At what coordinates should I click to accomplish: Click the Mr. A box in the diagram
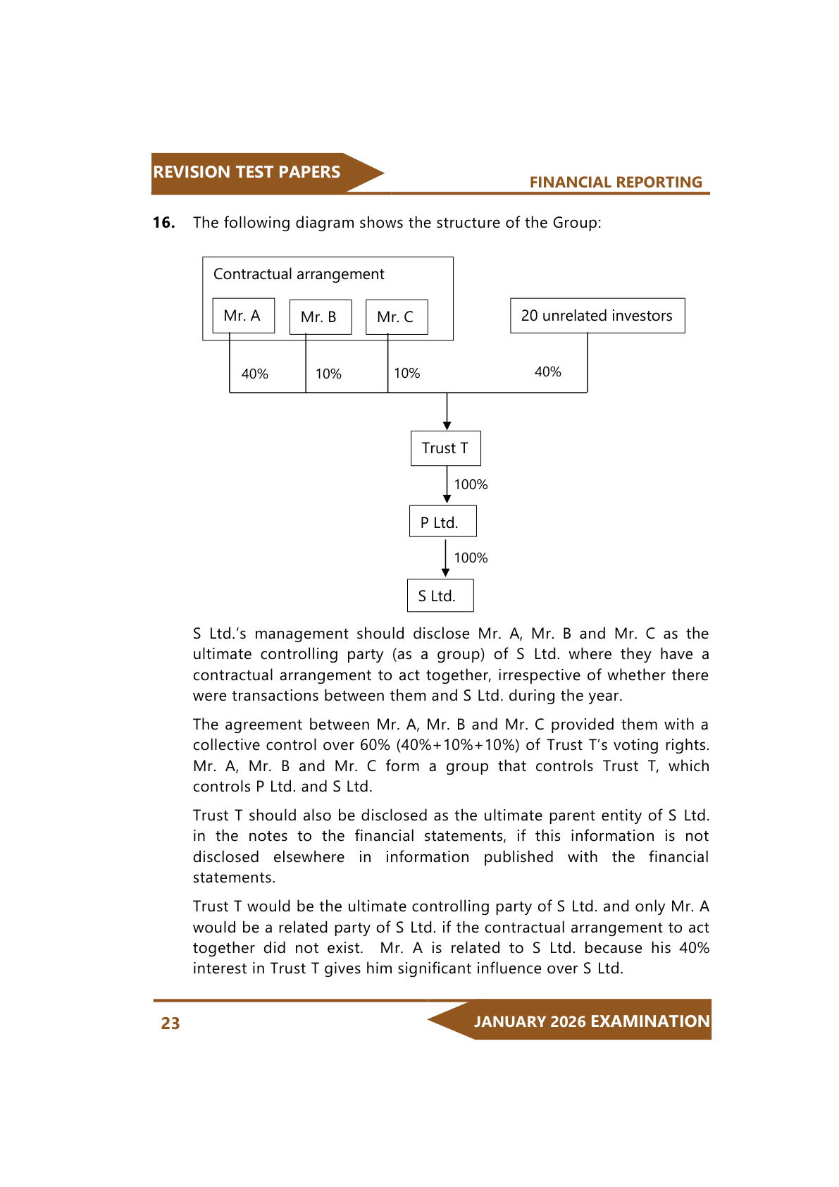coord(243,316)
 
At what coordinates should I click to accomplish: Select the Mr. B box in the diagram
coord(320,317)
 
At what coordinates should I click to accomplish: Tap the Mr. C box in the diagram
coord(396,317)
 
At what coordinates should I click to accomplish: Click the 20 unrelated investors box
coord(597,316)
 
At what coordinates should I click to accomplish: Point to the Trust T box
coord(445,448)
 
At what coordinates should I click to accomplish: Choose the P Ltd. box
coord(442,522)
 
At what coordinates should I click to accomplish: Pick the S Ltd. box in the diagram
coord(440,596)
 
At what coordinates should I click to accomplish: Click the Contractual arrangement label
coord(299,274)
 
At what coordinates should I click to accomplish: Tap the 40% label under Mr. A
coord(254,374)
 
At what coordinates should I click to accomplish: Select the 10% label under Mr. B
coord(328,374)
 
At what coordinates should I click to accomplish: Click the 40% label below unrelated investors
coord(547,371)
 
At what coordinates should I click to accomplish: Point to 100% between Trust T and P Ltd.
coord(471,484)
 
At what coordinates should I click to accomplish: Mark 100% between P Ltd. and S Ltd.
coord(471,558)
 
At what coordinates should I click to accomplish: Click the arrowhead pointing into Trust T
coord(447,425)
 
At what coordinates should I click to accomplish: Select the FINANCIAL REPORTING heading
coord(616,182)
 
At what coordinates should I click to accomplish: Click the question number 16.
coord(163,223)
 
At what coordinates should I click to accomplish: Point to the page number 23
coord(170,1023)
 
